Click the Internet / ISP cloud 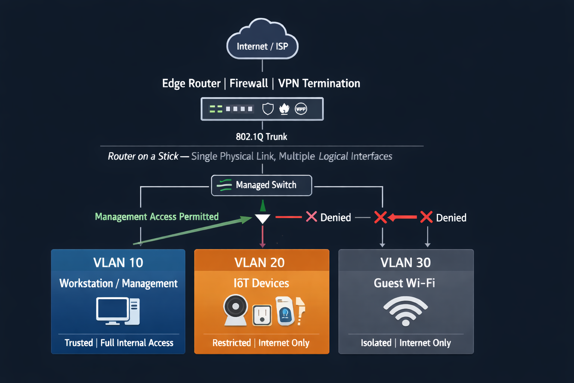[262, 41]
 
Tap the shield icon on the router [268, 109]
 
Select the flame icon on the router [284, 109]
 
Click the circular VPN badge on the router [301, 109]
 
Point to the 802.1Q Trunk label [261, 137]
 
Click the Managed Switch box [262, 185]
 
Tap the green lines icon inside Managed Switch [224, 185]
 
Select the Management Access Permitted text [157, 217]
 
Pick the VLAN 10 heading [118, 263]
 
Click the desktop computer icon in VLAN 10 [118, 311]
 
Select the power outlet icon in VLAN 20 [262, 315]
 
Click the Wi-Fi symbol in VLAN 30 [405, 311]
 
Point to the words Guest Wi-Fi [404, 283]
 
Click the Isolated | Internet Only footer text [406, 343]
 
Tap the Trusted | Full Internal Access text [119, 343]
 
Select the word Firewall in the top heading [249, 83]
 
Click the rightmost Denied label [451, 218]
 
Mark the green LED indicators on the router [216, 109]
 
